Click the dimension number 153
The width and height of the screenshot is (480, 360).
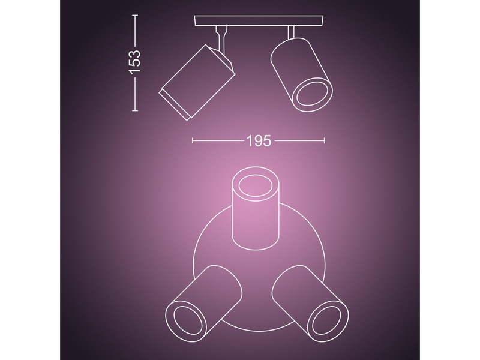point(136,62)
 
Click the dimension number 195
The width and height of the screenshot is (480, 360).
point(259,141)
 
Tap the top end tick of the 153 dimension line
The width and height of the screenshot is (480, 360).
point(136,16)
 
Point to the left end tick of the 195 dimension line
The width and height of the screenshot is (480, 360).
point(192,141)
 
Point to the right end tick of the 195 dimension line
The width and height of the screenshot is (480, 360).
point(325,141)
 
